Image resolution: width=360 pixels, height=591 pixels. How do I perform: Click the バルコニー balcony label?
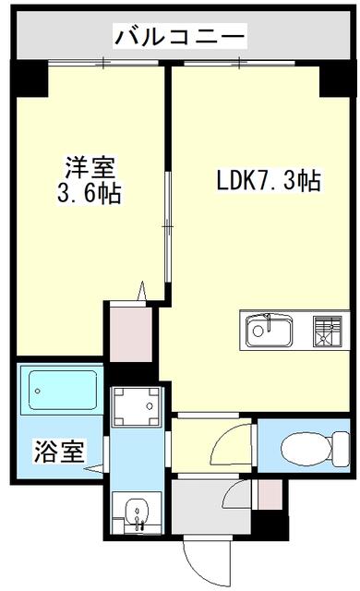click(x=180, y=37)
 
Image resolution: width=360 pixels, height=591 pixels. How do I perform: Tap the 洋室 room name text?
click(x=90, y=167)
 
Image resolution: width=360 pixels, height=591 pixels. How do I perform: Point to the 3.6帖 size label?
click(x=90, y=192)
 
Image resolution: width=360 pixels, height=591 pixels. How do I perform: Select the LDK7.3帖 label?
click(x=269, y=181)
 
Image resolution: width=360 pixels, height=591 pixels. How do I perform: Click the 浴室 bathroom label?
click(x=59, y=451)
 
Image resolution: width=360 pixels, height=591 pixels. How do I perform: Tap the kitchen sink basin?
click(x=269, y=331)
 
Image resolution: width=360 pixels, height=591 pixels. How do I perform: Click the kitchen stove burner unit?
click(x=327, y=331)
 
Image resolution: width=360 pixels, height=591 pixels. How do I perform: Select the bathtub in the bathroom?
click(x=63, y=390)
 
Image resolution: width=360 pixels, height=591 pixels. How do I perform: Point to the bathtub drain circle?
click(x=37, y=391)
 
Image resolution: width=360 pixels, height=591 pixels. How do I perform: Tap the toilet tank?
click(x=342, y=448)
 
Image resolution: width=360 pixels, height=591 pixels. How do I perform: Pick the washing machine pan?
click(x=137, y=406)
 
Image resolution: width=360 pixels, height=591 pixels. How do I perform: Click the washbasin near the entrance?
click(x=137, y=513)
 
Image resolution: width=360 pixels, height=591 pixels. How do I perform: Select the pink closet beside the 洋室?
click(x=131, y=334)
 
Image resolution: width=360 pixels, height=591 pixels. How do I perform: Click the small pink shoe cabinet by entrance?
click(x=270, y=494)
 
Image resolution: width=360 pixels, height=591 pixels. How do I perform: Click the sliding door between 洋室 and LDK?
click(x=168, y=227)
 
